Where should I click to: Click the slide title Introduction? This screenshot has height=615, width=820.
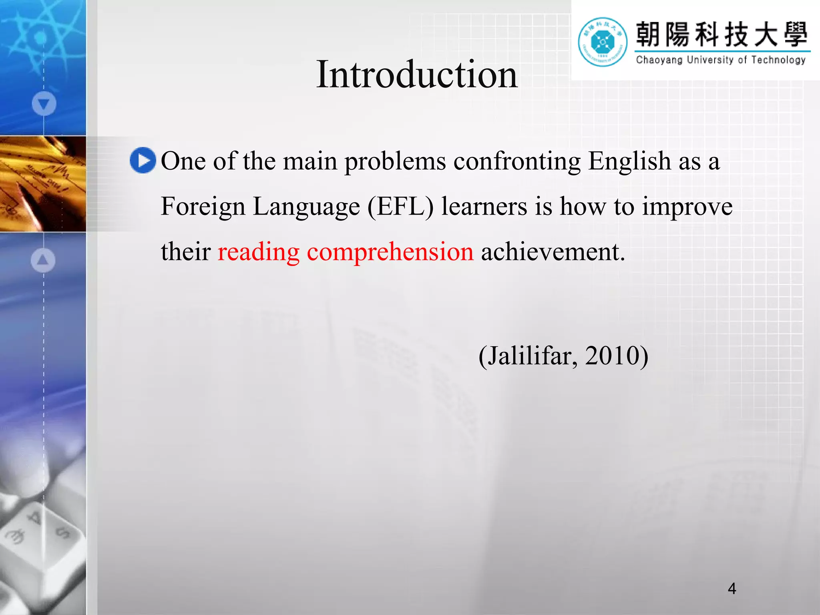[x=417, y=74]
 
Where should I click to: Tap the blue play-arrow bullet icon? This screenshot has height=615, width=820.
[x=143, y=161]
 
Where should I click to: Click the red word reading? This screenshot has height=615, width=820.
[x=258, y=252]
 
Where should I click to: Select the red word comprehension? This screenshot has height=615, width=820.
[x=390, y=252]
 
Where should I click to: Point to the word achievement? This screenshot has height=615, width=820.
[x=553, y=252]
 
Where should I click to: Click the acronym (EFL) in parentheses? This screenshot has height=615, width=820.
[x=400, y=207]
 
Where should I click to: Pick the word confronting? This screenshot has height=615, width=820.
[x=517, y=161]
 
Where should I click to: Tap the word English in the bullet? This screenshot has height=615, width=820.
[x=629, y=161]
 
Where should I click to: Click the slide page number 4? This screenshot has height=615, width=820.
[x=732, y=589]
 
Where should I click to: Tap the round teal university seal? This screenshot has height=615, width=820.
[x=603, y=42]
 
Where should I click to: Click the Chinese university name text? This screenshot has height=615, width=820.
[x=722, y=34]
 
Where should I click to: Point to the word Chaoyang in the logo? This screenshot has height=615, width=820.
[x=659, y=60]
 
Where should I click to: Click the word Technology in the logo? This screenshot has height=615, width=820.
[x=778, y=60]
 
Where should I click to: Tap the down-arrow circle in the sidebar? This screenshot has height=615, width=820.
[x=44, y=104]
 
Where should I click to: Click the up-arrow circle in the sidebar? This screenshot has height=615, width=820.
[x=43, y=260]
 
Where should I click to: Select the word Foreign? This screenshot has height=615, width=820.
[x=203, y=207]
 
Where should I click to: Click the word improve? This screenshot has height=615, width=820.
[x=687, y=207]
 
